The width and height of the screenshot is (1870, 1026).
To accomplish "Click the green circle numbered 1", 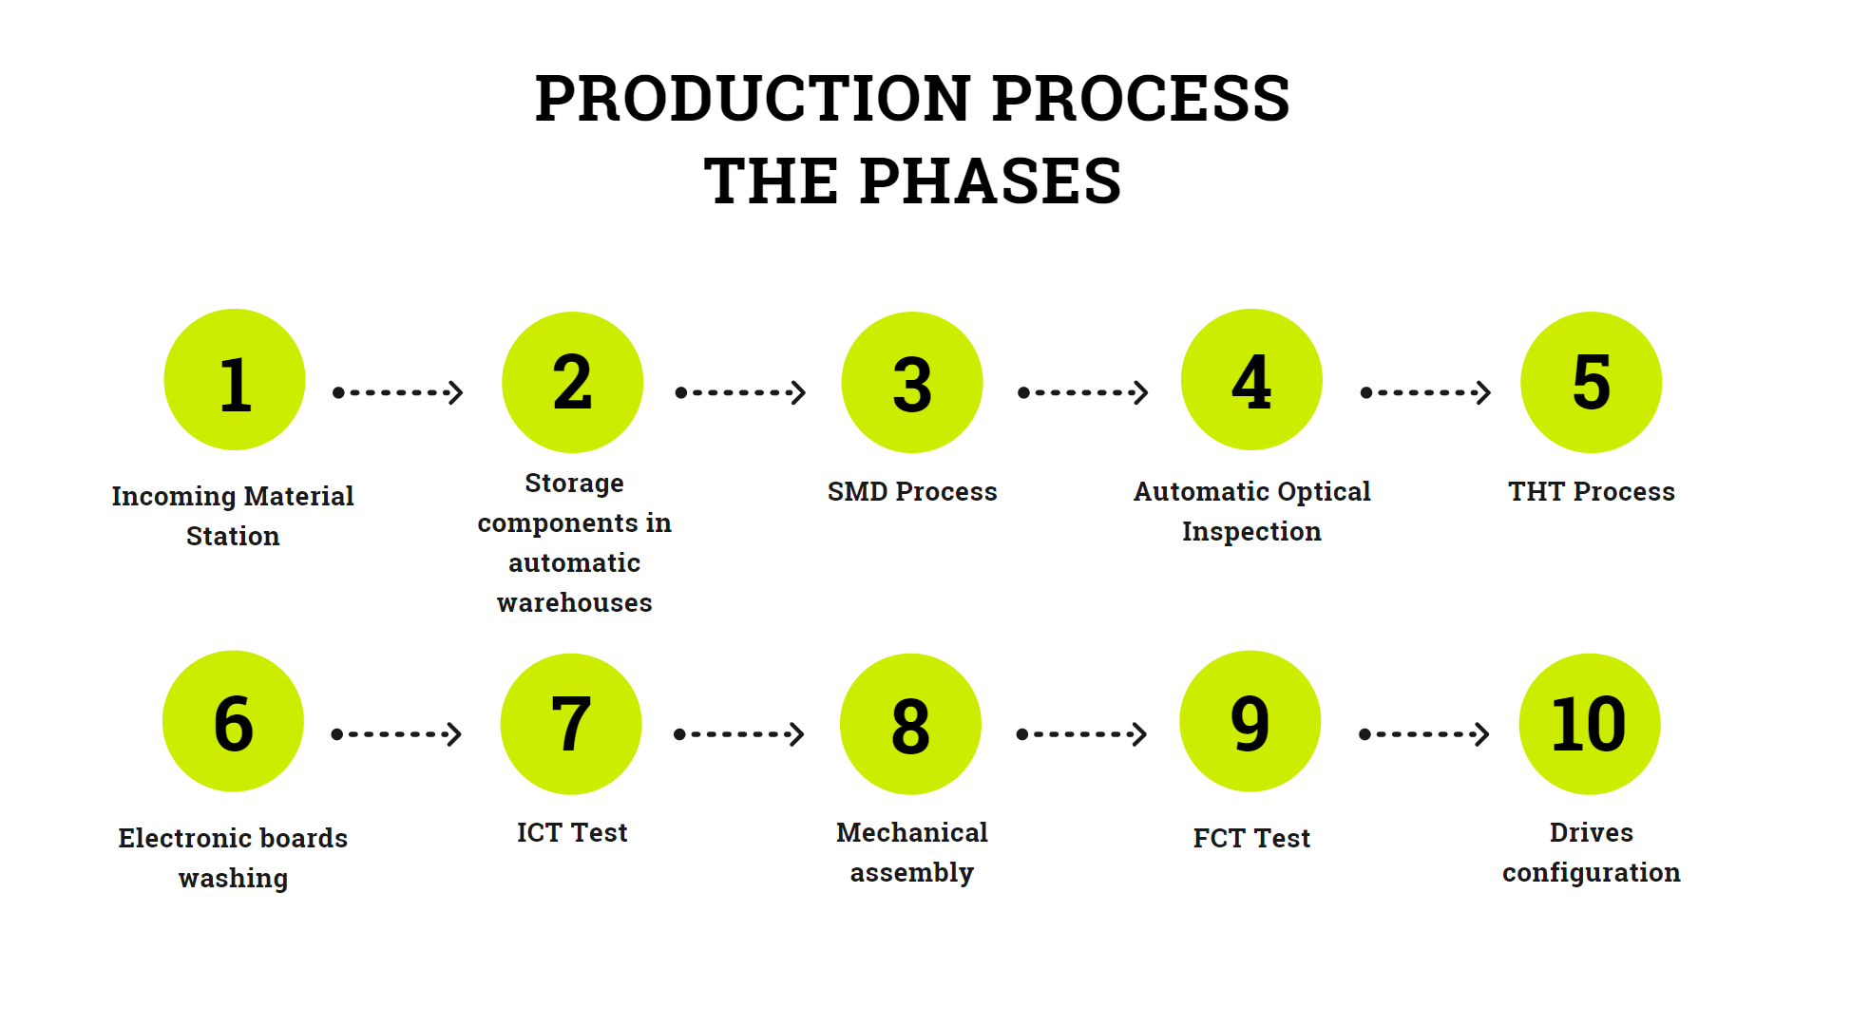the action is coord(235,379).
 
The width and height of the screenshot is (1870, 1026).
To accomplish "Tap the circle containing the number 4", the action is coord(1251,379).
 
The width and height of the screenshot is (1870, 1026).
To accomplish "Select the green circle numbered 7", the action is coord(571,724).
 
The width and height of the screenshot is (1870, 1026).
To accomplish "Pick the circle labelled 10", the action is coord(1590,724).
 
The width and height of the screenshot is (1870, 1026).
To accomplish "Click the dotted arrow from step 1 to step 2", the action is coord(398,392).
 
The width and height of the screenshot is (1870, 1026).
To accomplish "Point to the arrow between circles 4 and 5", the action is coord(1425,392).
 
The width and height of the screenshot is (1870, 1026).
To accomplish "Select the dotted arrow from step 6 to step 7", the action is coord(396,734).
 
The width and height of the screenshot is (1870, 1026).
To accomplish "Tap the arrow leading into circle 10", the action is coord(1423,734).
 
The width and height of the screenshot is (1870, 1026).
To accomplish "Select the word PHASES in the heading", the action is coord(990,181).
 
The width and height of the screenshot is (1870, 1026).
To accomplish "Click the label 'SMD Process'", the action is coord(912,492).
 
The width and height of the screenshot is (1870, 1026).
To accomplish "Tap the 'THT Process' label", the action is coord(1592,492).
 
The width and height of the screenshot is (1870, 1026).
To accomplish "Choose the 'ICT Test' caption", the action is coord(572,833).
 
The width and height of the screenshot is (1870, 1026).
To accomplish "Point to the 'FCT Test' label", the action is coord(1251,839).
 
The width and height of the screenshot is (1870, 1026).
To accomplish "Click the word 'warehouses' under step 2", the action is coord(575,603).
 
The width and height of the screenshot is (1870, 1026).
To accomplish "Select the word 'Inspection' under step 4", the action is coord(1251,532).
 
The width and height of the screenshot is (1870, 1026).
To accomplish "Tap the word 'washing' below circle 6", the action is coord(233,879).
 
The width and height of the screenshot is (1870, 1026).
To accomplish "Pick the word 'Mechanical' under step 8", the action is coord(912,833).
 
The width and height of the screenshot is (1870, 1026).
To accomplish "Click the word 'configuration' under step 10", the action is coord(1592,873).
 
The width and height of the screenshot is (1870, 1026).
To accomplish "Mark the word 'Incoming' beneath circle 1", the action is coord(173,497).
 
